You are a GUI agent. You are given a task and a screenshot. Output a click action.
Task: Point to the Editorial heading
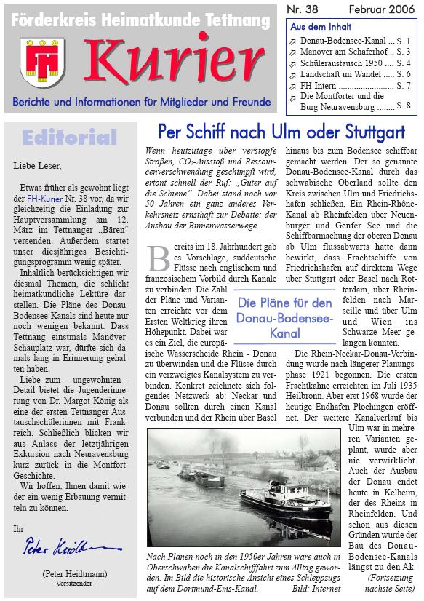point(70,137)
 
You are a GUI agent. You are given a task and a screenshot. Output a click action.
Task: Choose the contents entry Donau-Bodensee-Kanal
point(342,41)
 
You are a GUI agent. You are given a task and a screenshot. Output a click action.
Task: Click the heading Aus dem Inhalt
point(317,25)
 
